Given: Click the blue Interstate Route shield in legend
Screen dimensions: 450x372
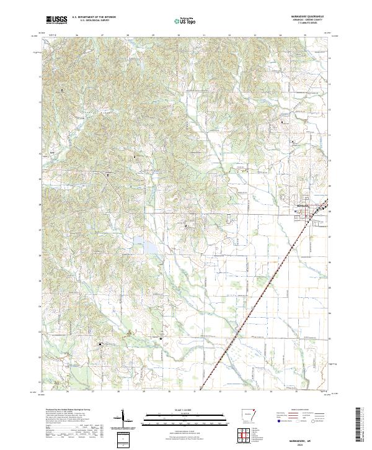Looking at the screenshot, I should point(278,421).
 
